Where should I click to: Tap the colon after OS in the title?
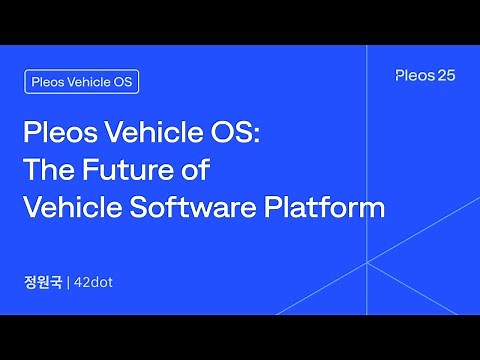click(255, 136)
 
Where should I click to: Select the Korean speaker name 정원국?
click(42, 281)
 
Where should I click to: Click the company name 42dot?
click(94, 281)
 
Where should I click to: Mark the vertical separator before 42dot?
click(68, 281)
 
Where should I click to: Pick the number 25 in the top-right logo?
click(447, 76)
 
